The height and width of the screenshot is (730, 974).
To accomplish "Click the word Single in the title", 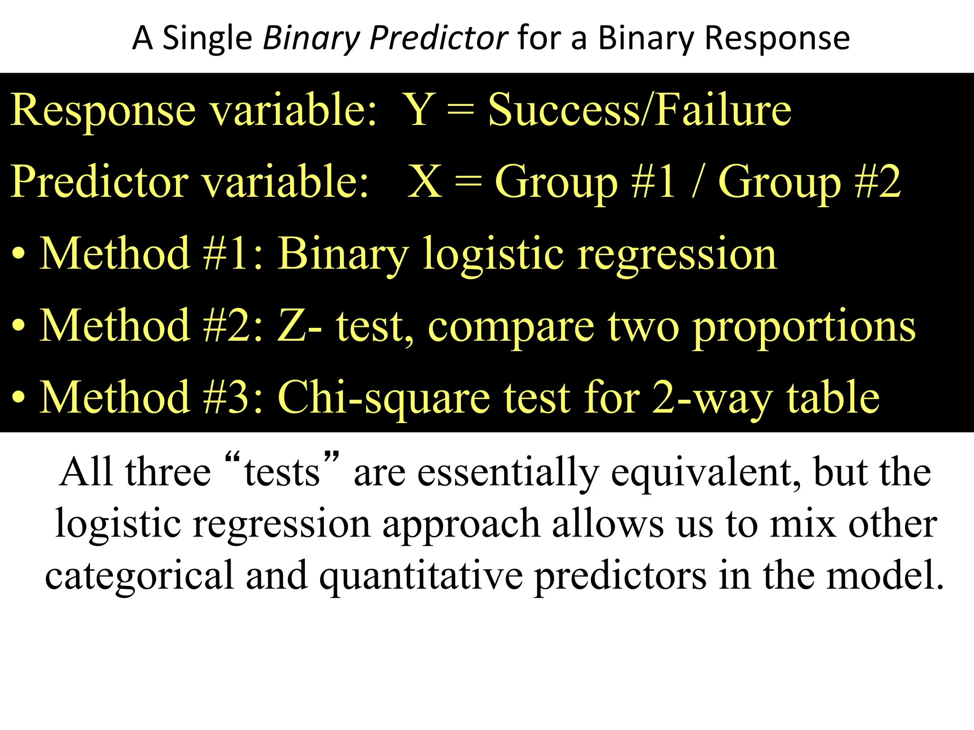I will (x=207, y=38).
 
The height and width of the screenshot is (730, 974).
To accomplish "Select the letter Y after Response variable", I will (x=419, y=110).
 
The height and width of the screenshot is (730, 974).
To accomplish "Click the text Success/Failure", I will (x=640, y=110).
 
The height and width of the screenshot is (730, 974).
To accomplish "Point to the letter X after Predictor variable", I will (x=425, y=182).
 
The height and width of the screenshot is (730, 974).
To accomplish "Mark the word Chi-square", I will (x=384, y=398).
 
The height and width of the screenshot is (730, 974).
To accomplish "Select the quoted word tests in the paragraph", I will (x=282, y=473).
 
